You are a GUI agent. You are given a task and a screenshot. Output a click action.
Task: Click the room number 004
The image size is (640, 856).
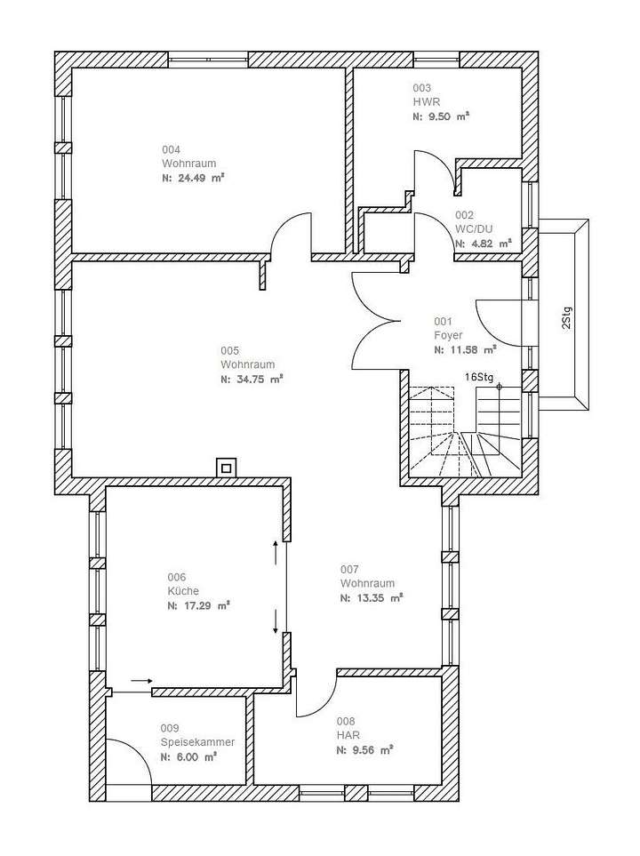(171, 148)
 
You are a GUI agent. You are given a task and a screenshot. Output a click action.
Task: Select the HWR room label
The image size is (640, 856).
(422, 102)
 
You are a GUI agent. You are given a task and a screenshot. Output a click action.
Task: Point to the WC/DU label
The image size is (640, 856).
(471, 228)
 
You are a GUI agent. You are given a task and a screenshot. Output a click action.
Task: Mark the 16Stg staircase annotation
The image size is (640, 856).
(478, 377)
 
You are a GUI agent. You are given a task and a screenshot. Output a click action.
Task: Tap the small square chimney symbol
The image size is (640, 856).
(227, 467)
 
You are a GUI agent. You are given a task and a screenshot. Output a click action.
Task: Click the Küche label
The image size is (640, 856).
(183, 591)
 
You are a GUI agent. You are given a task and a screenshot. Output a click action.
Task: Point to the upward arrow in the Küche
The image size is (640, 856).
(276, 551)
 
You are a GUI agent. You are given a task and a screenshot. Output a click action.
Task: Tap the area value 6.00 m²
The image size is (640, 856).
(188, 757)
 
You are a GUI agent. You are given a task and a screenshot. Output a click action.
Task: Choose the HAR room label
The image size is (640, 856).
(348, 735)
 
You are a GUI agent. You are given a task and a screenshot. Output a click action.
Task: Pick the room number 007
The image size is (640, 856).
(349, 568)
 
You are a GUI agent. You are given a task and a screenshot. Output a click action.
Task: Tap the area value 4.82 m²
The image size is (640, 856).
(483, 243)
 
